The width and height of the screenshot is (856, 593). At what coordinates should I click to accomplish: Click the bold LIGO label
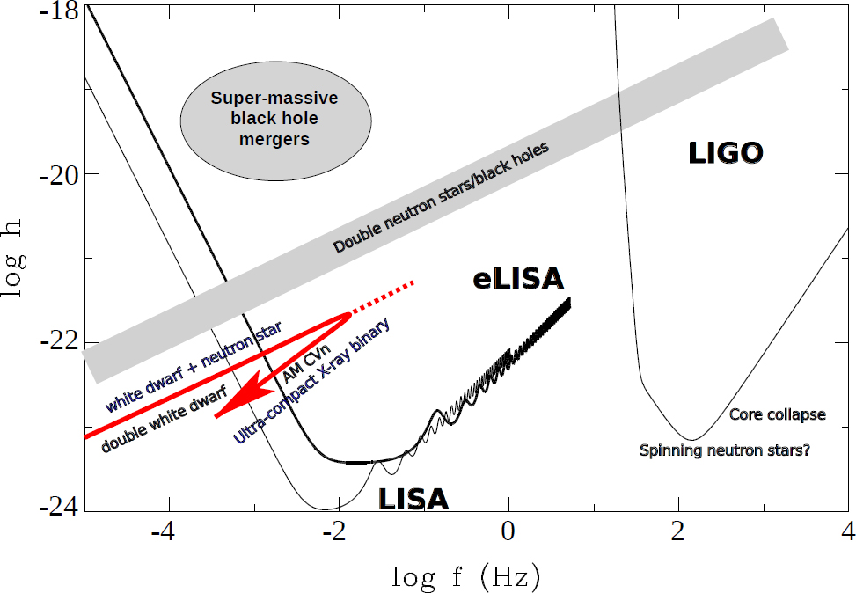[x=726, y=155]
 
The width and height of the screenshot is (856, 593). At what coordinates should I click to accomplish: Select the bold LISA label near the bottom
[x=413, y=500]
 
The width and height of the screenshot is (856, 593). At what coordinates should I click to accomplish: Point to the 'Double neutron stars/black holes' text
[x=441, y=199]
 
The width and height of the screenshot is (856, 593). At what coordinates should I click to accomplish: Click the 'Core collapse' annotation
[x=778, y=414]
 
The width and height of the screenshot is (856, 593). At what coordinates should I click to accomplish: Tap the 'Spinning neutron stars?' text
[x=725, y=450]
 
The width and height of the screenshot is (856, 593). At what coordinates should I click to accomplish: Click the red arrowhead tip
[x=216, y=414]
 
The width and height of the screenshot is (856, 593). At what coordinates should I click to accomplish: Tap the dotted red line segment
[x=383, y=297]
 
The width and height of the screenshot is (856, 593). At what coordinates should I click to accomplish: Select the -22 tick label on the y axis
[x=58, y=342]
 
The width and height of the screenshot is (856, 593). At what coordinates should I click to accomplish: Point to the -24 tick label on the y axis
[x=58, y=509]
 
